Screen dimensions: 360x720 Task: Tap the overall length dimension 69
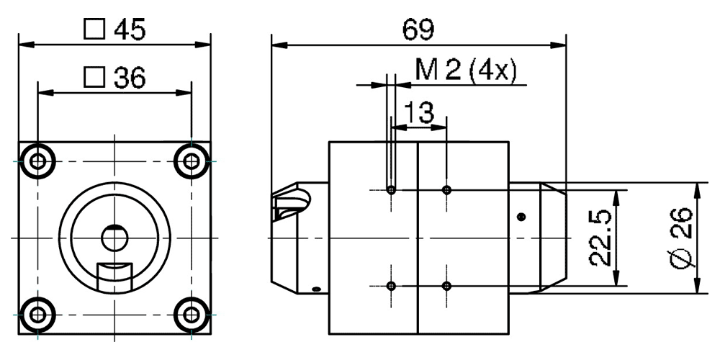click(418, 30)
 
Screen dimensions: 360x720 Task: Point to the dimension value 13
click(418, 113)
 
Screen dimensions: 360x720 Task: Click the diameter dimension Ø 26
click(681, 238)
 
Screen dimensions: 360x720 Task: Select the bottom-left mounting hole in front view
click(38, 314)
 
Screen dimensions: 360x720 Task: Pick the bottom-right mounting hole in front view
click(191, 314)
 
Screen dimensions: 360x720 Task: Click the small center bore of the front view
click(114, 235)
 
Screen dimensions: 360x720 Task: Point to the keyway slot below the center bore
click(114, 276)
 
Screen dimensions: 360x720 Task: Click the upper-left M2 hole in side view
click(391, 190)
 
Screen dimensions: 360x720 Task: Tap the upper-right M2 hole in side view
click(447, 190)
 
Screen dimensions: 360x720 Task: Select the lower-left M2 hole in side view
click(391, 286)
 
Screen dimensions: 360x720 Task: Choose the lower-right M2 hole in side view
click(447, 286)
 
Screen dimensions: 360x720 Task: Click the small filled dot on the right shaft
click(522, 217)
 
